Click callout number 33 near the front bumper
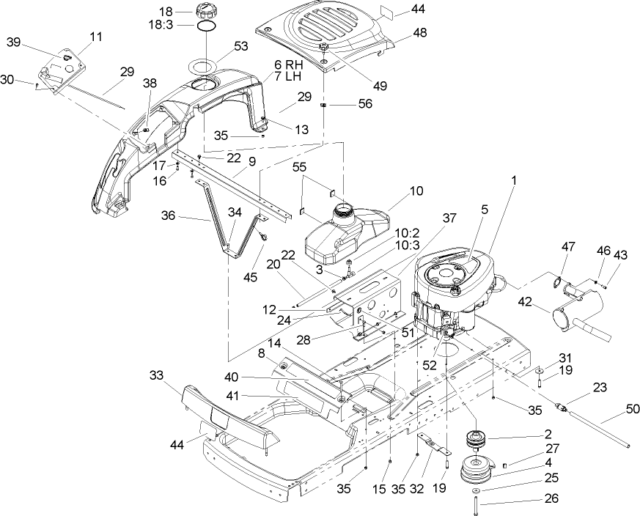[x=156, y=375]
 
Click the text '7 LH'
[x=287, y=75]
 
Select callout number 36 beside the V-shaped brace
[x=169, y=216]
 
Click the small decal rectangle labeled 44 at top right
[x=512, y=11]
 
